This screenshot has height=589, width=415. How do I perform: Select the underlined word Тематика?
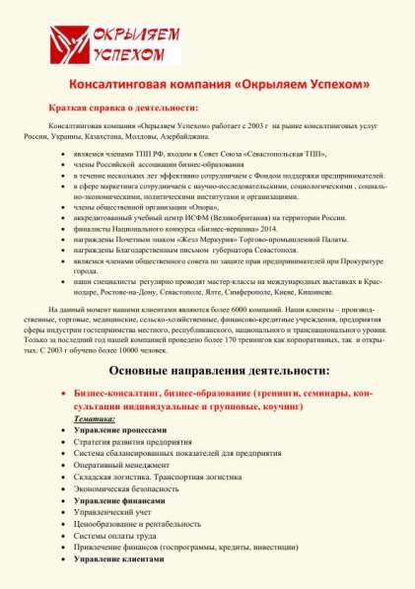coord(94,418)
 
